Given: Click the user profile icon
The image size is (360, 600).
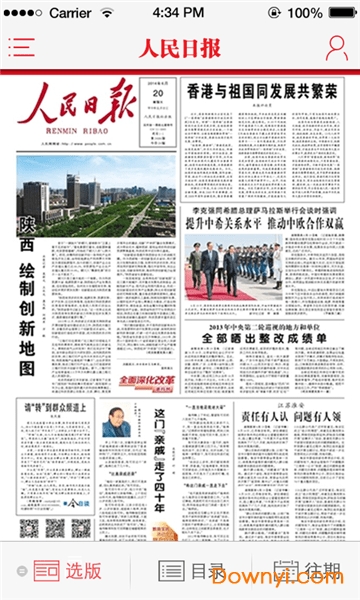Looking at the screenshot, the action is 337,48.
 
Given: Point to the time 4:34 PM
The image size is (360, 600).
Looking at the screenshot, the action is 179,14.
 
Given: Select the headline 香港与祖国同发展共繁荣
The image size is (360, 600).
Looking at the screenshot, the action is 262,91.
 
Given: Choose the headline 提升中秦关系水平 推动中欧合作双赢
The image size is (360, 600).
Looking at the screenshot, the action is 262,221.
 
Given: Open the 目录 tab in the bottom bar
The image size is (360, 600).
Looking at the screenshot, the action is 192,571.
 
